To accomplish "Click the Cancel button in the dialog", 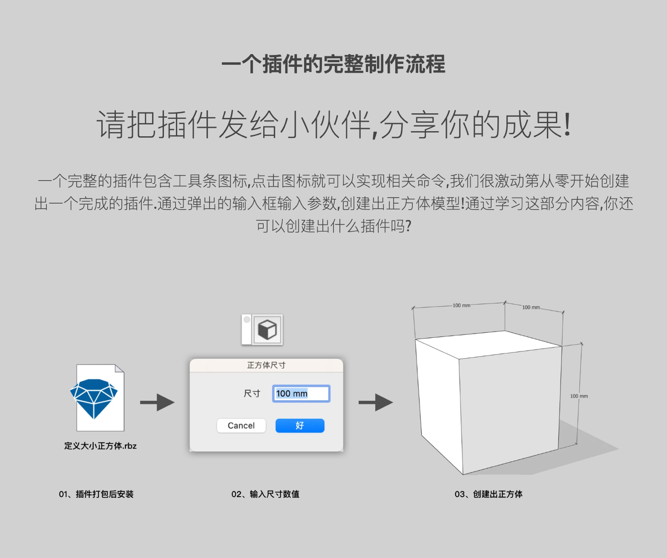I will click(x=241, y=425).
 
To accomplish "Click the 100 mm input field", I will click(x=301, y=394).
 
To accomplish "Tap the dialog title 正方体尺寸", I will click(x=266, y=365).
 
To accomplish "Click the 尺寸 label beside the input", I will click(x=252, y=394).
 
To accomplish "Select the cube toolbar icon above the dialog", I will click(x=268, y=330).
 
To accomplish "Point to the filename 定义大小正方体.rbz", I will click(x=100, y=446).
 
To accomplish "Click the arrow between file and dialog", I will click(x=157, y=402).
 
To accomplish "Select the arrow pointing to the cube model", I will click(x=376, y=402).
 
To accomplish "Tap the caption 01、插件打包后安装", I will click(x=96, y=494).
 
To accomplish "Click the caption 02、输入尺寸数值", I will click(x=265, y=494).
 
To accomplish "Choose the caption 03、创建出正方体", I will click(x=488, y=494).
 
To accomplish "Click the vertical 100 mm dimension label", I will click(x=579, y=396).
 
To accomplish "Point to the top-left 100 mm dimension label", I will click(x=462, y=305).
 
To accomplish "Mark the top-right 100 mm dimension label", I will click(x=531, y=307).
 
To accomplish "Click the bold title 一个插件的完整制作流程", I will click(x=333, y=64).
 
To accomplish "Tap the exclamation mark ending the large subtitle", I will click(x=568, y=124).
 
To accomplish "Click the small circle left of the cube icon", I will click(x=247, y=320).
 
